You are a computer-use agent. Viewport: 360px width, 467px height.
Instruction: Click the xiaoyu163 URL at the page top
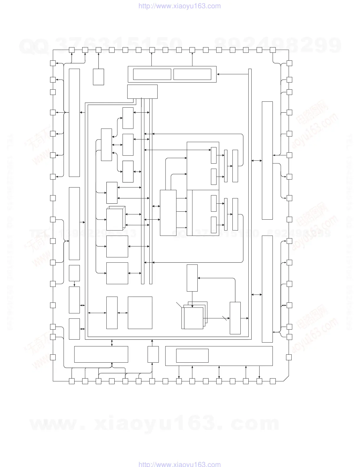179,6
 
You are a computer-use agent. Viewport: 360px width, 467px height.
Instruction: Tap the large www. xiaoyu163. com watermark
155,423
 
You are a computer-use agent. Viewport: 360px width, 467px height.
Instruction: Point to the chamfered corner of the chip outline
286,379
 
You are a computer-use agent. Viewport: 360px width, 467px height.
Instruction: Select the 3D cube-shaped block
115,218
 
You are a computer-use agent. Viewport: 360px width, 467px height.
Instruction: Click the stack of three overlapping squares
194,316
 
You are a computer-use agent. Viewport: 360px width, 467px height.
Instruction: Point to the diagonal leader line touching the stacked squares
179,305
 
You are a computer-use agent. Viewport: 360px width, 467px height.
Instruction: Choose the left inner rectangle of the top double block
152,74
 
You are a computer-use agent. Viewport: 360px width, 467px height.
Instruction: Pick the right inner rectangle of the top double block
192,74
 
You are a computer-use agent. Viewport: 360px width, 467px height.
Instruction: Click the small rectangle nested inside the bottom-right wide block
192,356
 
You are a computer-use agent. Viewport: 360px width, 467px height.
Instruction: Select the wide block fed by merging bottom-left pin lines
101,354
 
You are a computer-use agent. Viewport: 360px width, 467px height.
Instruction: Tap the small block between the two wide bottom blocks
153,354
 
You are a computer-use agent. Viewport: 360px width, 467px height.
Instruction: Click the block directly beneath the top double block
142,91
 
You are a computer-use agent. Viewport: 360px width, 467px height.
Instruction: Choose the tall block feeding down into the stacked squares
192,278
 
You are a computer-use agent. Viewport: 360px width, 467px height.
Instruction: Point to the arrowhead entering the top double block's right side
218,74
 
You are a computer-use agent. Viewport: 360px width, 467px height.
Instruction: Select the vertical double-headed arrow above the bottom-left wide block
112,343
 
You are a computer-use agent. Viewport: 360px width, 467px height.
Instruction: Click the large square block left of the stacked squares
140,313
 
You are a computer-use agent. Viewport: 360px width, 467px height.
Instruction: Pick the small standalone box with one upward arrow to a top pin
98,77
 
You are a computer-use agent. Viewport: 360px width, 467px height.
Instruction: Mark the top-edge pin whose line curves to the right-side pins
273,50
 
